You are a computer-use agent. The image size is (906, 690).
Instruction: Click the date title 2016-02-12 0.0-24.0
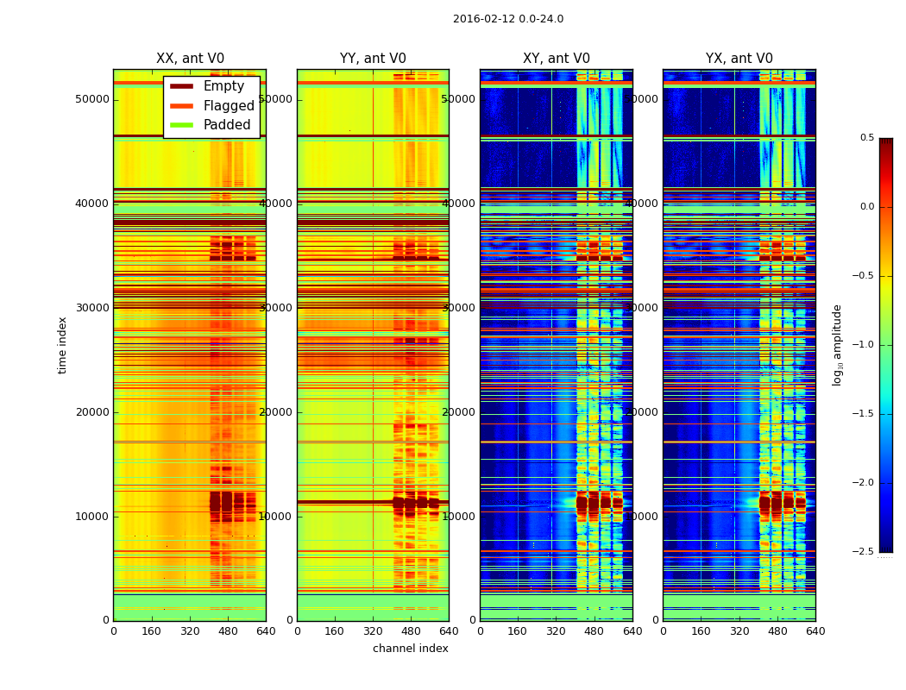click(508, 19)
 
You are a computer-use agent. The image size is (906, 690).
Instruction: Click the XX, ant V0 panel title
click(190, 59)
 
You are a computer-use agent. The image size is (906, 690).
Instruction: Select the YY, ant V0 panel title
click(373, 59)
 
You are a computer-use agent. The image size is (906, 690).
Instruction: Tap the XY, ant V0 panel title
click(557, 59)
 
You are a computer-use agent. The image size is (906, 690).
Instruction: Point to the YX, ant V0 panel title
click(739, 59)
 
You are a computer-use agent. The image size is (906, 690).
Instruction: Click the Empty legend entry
click(223, 86)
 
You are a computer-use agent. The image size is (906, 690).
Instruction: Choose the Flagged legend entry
click(229, 106)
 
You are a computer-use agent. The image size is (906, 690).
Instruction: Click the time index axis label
click(62, 345)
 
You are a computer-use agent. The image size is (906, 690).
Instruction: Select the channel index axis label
click(411, 649)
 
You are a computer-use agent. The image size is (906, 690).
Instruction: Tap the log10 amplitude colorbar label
click(838, 345)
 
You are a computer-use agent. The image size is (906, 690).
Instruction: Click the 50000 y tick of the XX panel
click(92, 99)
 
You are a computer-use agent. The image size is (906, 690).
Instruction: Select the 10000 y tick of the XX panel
click(92, 516)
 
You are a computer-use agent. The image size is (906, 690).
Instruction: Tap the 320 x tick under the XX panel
click(190, 631)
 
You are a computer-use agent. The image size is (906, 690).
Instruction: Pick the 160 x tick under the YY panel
click(335, 631)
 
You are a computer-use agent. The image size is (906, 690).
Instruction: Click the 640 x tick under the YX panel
click(815, 631)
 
